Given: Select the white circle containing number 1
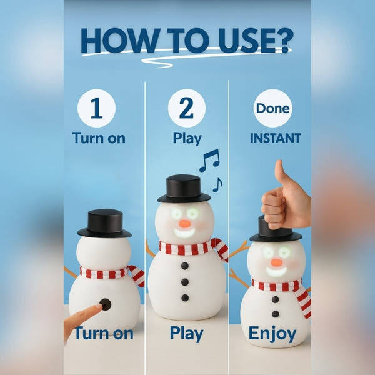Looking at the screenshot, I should point(96,108).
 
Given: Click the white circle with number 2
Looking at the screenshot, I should point(187,108).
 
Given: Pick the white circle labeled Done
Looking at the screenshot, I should point(272,108).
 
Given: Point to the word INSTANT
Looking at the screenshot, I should point(275,138).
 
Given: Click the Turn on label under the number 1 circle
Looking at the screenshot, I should point(99,138).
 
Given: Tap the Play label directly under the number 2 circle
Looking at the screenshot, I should point(187,138).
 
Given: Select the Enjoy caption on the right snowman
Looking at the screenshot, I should point(272,334).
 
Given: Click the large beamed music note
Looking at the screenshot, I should point(209,160).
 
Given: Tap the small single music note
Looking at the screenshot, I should point(217,184).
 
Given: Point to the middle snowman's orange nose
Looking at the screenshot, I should point(184,222).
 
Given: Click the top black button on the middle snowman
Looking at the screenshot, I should point(185,266).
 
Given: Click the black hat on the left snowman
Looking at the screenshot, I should point(104,224).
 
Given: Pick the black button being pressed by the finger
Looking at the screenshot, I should point(106,304).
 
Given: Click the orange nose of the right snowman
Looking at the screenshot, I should point(276,262).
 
